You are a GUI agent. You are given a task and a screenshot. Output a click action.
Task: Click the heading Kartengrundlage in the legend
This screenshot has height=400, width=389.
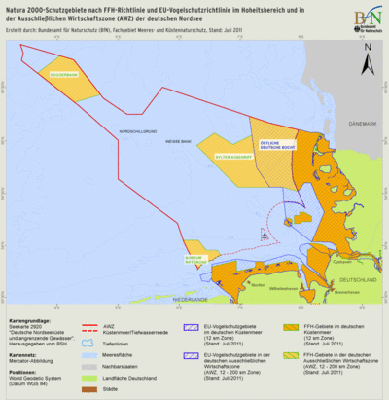pyautogui.click(x=28, y=318)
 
